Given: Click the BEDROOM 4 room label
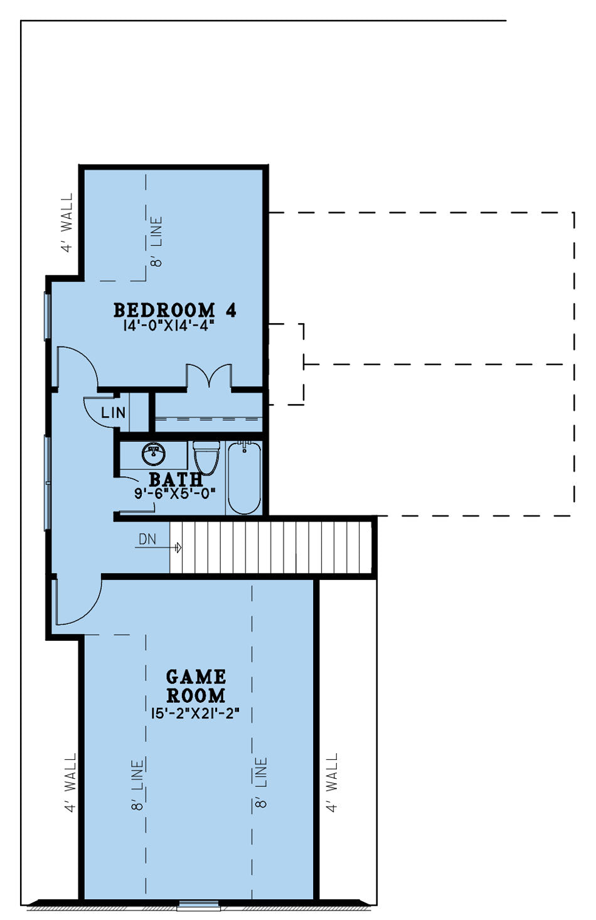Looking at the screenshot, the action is click(175, 310).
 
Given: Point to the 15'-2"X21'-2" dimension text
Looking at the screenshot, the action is click(195, 713).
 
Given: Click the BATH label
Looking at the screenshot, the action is click(176, 479).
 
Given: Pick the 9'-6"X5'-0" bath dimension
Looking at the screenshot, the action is click(175, 493).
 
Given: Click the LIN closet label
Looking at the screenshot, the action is click(114, 412).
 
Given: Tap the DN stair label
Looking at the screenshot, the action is click(147, 539).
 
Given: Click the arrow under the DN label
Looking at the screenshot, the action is click(159, 547).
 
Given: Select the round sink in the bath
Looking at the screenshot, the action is click(154, 454).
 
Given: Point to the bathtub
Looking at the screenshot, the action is click(244, 477).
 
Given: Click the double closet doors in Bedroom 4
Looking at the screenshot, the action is click(210, 376).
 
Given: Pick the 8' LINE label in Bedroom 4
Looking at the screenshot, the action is click(157, 242).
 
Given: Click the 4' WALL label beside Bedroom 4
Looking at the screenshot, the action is click(67, 222).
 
